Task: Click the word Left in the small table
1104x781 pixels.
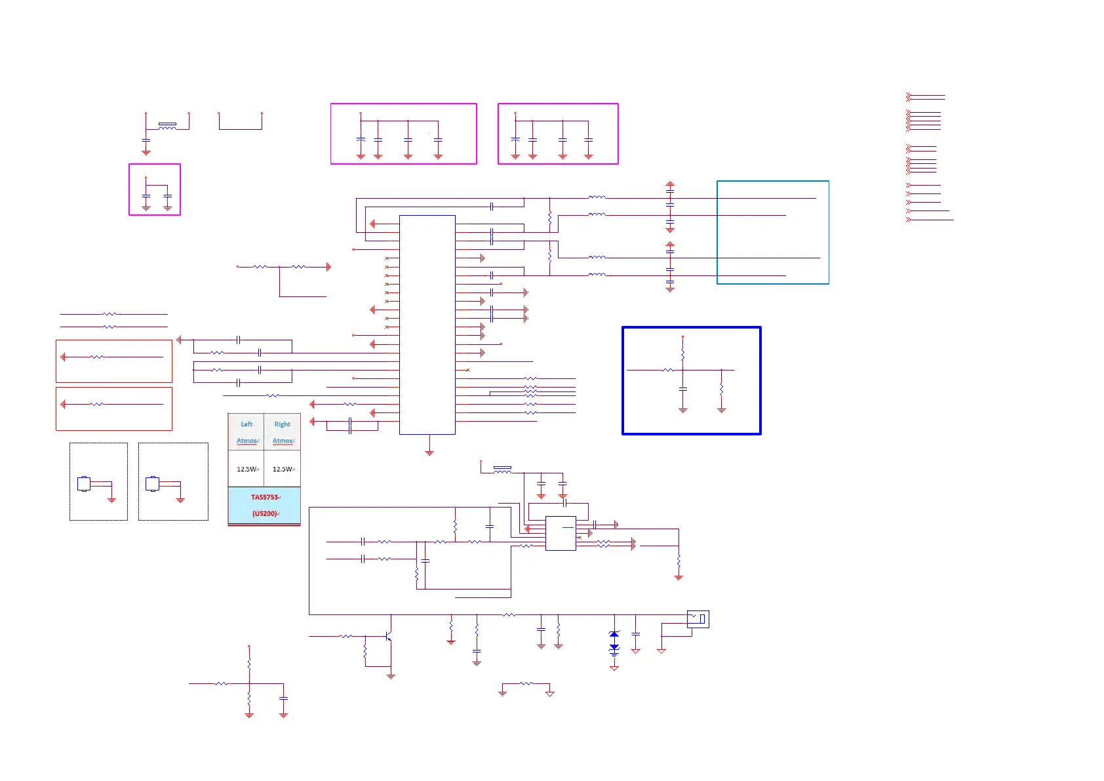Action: click(x=246, y=424)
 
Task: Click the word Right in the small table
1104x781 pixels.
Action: click(x=282, y=424)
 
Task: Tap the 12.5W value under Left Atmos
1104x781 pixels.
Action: click(x=246, y=470)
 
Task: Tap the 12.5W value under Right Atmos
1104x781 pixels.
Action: click(x=283, y=470)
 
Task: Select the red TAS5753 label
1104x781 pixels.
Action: click(x=264, y=497)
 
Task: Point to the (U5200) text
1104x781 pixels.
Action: click(x=264, y=513)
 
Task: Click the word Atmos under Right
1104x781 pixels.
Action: click(x=283, y=441)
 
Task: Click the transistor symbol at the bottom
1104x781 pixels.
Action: click(x=389, y=637)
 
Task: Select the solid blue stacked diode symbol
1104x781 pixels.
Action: click(x=614, y=641)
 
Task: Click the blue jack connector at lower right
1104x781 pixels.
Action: click(x=698, y=619)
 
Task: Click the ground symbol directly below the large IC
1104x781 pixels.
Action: click(x=429, y=452)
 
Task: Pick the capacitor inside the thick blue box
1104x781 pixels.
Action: click(x=683, y=390)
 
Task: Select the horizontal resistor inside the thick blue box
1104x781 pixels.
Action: click(x=667, y=370)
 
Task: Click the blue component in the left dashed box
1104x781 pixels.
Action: click(x=84, y=484)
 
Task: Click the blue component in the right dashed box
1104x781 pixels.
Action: click(x=152, y=484)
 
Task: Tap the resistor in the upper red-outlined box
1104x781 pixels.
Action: click(x=96, y=357)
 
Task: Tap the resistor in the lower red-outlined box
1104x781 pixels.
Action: click(x=96, y=405)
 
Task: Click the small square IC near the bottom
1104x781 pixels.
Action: click(x=561, y=533)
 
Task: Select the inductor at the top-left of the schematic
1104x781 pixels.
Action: click(x=167, y=127)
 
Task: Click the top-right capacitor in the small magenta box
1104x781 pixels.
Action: click(x=168, y=196)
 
